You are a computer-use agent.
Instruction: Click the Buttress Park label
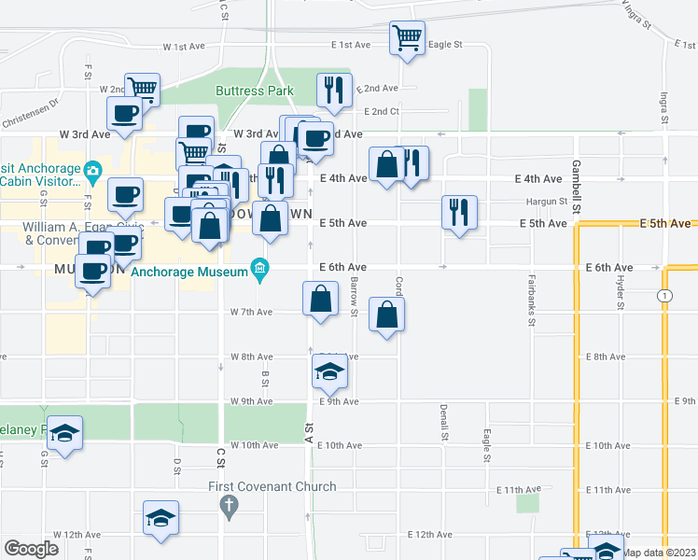pyautogui.click(x=254, y=91)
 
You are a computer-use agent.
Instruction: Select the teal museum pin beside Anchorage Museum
pyautogui.click(x=261, y=272)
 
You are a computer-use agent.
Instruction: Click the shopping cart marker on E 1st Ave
pyautogui.click(x=407, y=38)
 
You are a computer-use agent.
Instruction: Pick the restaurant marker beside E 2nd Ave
pyautogui.click(x=334, y=91)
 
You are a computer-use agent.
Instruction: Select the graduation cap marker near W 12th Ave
pyautogui.click(x=161, y=518)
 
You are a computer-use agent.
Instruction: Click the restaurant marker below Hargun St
pyautogui.click(x=459, y=213)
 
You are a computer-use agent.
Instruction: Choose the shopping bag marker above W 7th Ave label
pyautogui.click(x=320, y=300)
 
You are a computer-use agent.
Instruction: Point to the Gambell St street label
pyautogui.click(x=578, y=183)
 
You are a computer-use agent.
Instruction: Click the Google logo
pyautogui.click(x=32, y=548)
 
